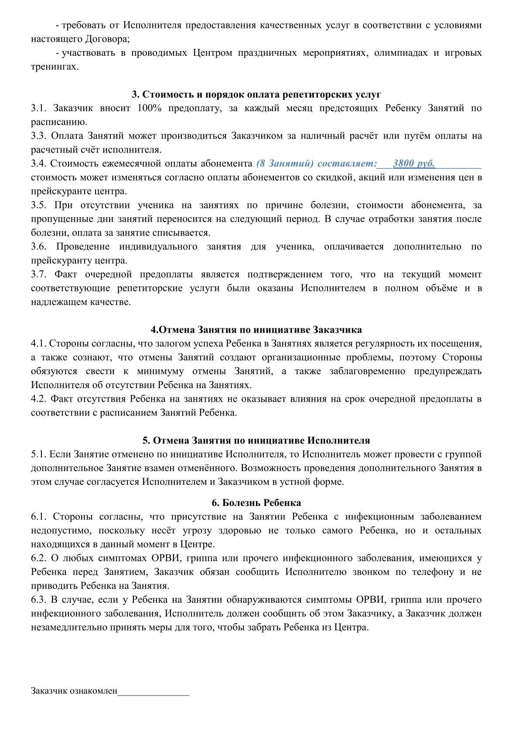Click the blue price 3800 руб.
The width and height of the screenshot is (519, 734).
tap(414, 164)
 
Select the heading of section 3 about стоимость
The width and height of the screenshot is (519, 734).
tap(256, 95)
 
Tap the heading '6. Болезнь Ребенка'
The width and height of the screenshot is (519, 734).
tap(256, 503)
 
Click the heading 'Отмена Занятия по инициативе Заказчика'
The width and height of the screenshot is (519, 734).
tap(256, 329)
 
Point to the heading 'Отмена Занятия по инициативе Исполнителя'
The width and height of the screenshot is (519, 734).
tap(256, 440)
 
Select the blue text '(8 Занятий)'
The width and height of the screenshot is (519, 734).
tap(285, 164)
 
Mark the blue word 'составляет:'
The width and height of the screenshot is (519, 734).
tap(347, 164)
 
